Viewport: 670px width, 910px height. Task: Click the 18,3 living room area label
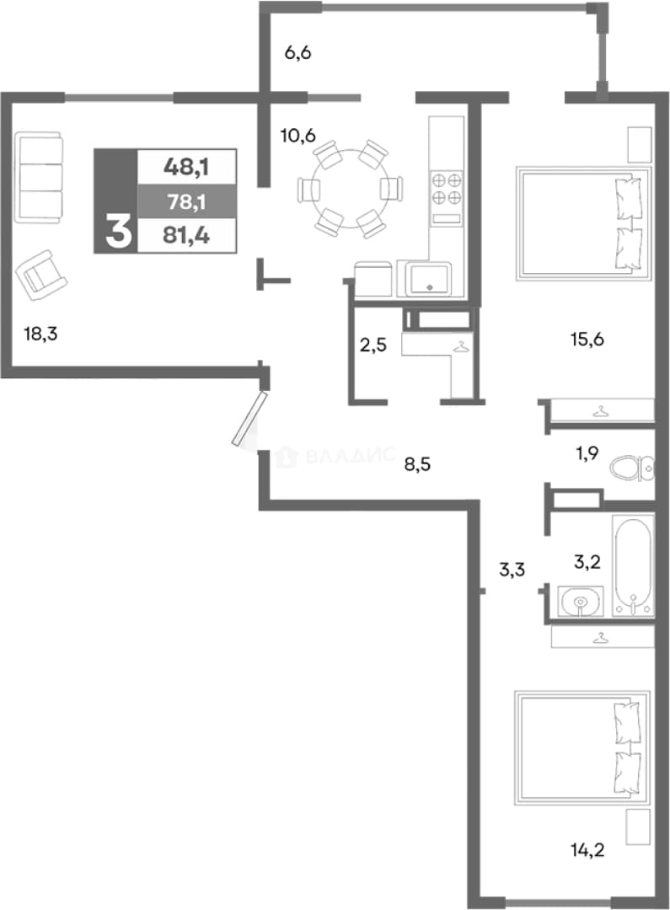pos(40,334)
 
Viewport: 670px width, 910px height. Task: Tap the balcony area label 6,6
pos(297,53)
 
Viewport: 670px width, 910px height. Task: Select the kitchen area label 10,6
pos(297,136)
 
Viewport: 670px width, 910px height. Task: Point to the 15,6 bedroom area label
pos(587,339)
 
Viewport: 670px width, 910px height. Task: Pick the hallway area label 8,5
pos(417,464)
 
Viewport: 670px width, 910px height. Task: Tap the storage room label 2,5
pos(373,345)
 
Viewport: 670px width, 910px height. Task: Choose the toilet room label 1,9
pos(587,452)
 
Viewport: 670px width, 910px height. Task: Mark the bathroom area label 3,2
pos(587,562)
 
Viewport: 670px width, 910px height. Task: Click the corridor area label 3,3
pos(512,570)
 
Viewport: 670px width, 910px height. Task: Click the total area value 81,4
pos(186,236)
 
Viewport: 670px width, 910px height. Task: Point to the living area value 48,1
pos(186,168)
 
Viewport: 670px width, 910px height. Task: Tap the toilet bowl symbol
pos(632,468)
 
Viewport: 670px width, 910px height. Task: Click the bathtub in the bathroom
pos(634,565)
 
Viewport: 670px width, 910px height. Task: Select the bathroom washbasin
pos(581,602)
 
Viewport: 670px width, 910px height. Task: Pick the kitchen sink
pos(430,279)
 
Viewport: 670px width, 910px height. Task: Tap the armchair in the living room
pos(42,275)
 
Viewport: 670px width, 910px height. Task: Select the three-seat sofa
pos(38,177)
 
